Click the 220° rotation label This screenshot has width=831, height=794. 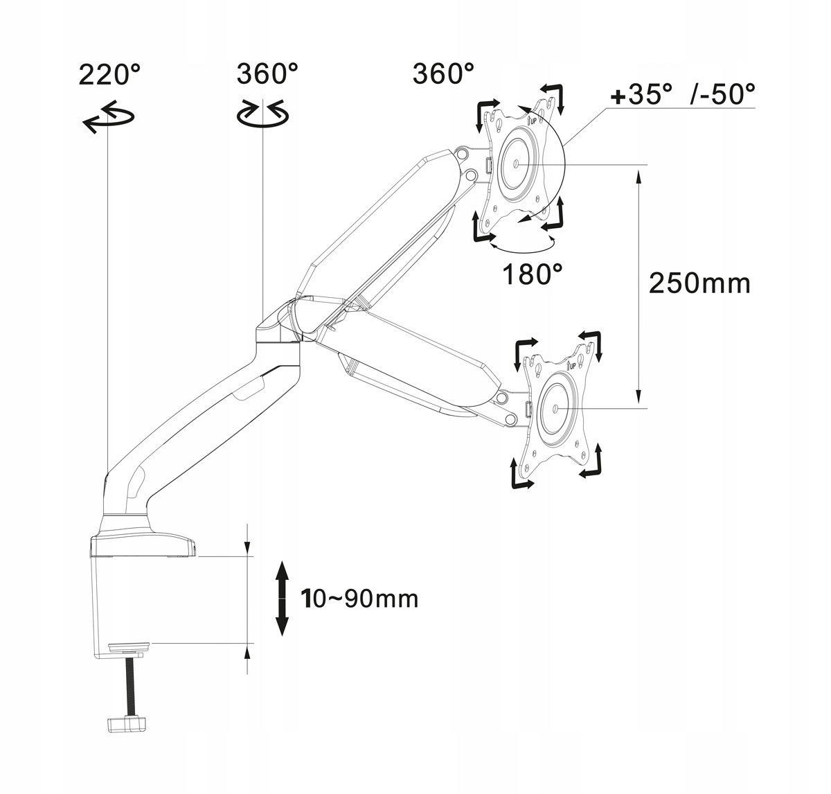coord(109,75)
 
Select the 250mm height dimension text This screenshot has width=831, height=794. coord(699,283)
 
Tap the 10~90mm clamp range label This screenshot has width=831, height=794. coord(359,599)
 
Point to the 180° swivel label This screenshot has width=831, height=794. coord(532,274)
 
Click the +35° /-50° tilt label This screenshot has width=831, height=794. coord(683,94)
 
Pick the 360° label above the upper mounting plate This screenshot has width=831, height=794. coord(443,73)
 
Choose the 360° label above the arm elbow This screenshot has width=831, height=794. coord(267,73)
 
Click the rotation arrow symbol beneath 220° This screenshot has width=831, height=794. coord(109,116)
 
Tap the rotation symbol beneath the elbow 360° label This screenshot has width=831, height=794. coord(262,114)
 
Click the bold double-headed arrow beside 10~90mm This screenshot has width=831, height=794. coord(283,599)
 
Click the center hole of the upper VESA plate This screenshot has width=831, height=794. coord(516,164)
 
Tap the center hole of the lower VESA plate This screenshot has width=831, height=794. coord(555,409)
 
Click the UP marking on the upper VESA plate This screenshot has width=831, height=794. coord(532,121)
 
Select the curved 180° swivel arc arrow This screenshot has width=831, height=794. coord(522,247)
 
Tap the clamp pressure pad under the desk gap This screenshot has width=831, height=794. coord(129,647)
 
